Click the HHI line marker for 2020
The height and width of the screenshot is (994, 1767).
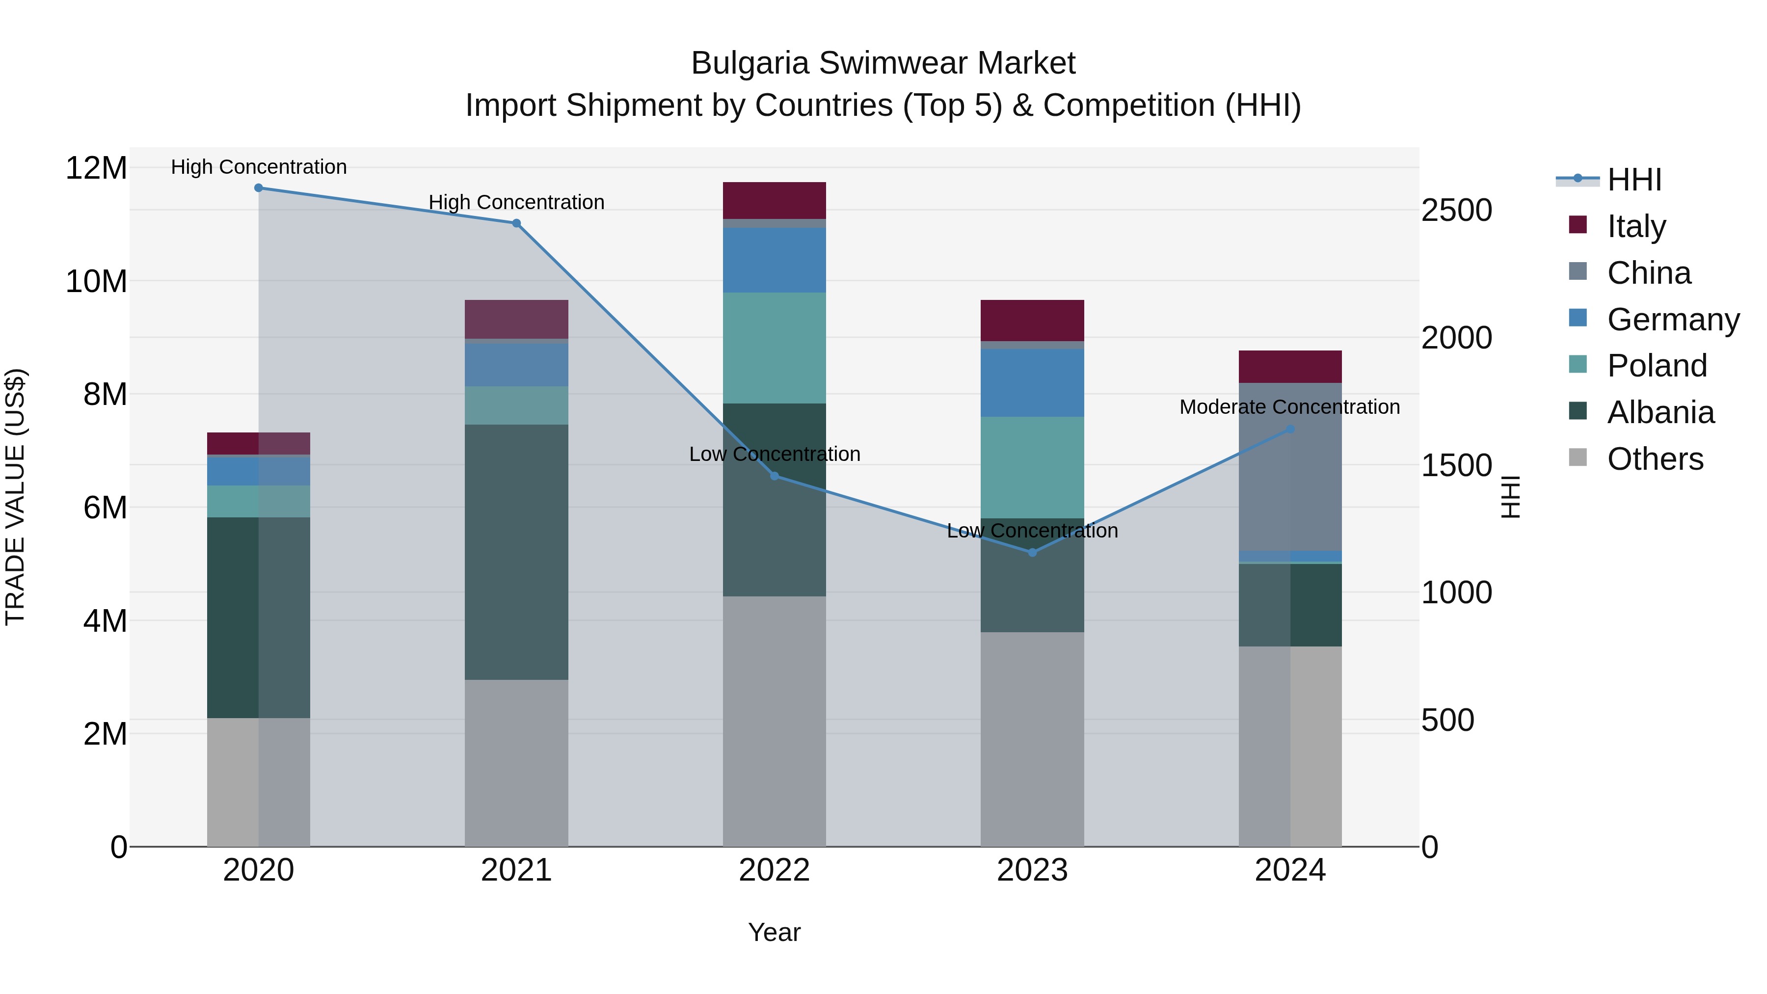259,188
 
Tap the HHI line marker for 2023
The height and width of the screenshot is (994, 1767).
1032,552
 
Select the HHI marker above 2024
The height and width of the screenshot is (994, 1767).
1290,430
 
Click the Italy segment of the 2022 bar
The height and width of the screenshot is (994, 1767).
775,200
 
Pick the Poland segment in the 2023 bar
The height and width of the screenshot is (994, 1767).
1032,467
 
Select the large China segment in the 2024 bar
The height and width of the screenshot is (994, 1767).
1290,466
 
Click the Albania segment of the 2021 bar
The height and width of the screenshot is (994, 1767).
516,552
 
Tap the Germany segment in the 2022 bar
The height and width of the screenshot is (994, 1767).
775,260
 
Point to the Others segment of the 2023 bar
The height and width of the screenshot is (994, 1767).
1032,740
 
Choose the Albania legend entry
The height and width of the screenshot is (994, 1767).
1660,412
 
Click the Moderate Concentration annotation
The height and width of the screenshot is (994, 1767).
1289,407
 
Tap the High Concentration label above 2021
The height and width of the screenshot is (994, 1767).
516,202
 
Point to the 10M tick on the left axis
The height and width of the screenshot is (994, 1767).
96,281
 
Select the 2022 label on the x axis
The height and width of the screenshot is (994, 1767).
775,870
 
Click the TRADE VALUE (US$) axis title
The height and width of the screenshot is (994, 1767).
15,497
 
